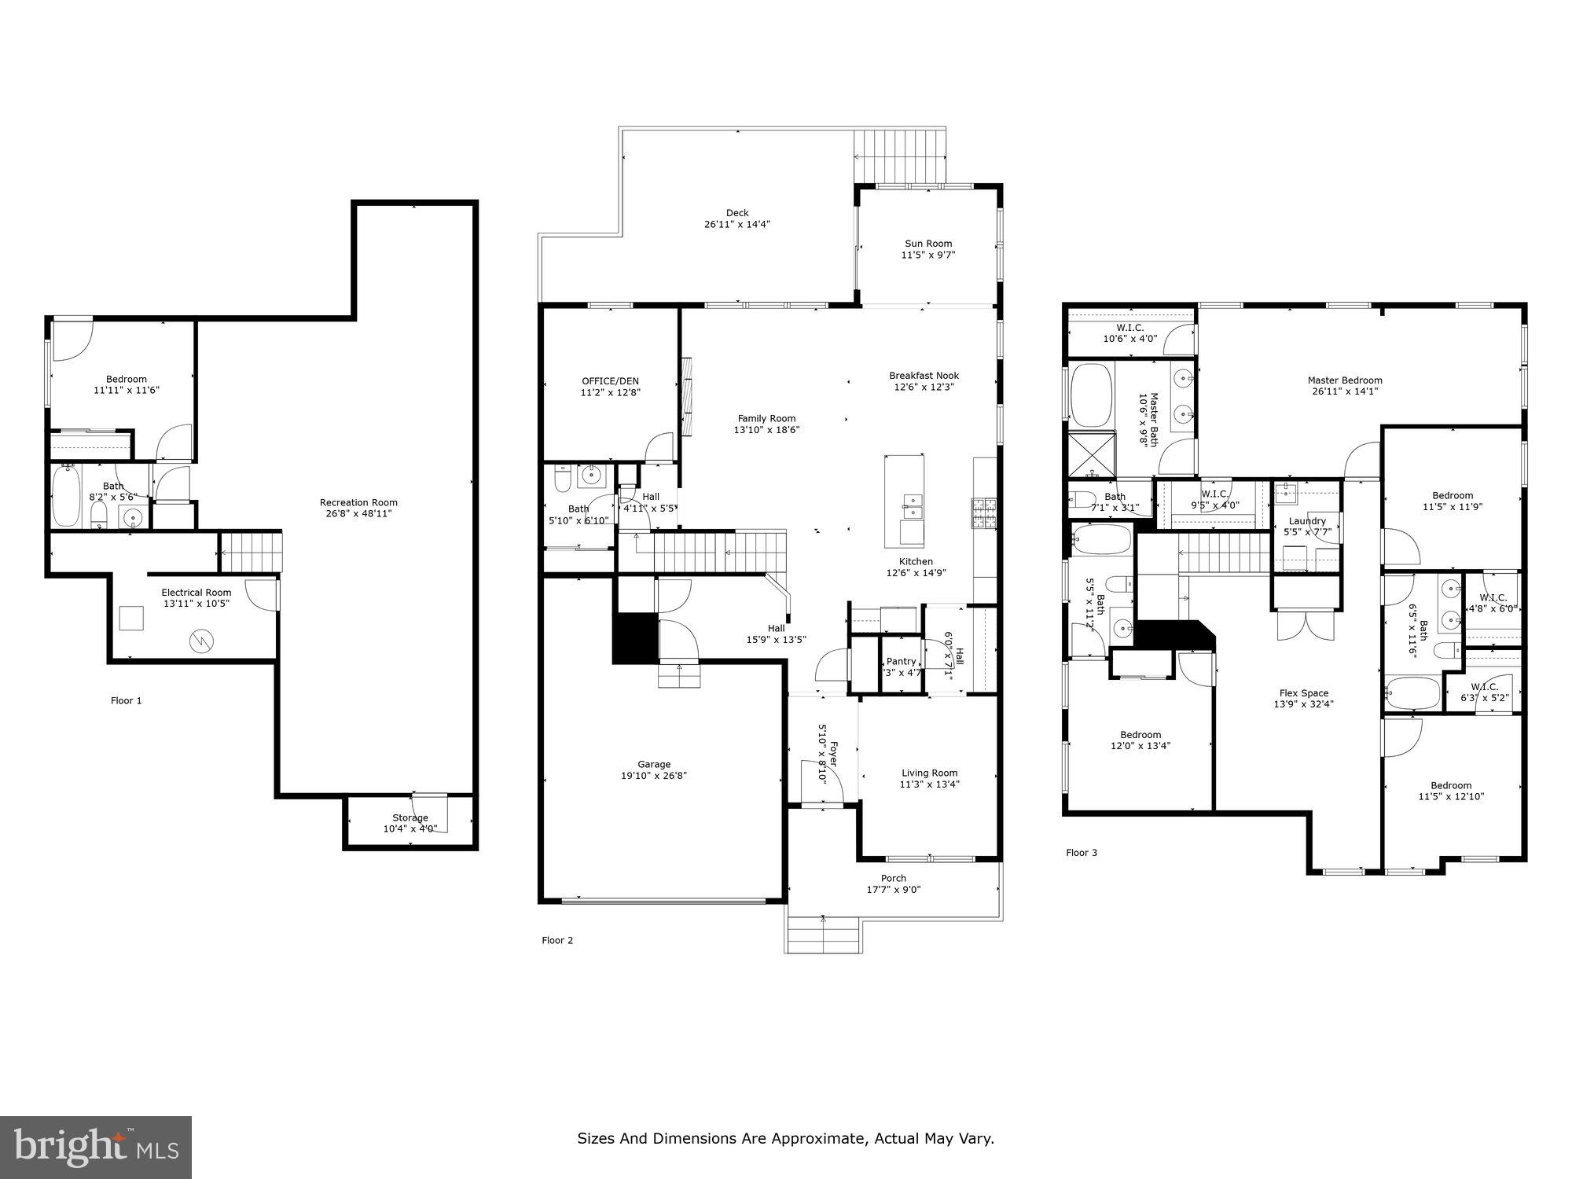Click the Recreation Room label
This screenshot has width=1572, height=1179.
(x=358, y=502)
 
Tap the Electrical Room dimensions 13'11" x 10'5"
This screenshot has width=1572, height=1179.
(x=196, y=604)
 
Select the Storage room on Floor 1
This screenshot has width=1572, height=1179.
(x=410, y=822)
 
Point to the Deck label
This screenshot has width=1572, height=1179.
(x=736, y=213)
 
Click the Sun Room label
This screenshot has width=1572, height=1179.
(x=927, y=244)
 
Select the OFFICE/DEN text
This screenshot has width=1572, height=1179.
(x=610, y=381)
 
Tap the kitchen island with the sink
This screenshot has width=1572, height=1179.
(x=904, y=501)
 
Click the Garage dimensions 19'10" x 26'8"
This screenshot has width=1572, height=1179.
(x=654, y=775)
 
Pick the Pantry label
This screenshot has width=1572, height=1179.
(x=901, y=661)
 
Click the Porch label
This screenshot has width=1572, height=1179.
(x=893, y=878)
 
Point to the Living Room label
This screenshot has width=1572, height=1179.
(x=929, y=773)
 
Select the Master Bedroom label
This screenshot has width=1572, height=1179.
(x=1344, y=380)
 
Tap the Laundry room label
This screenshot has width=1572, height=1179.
(x=1307, y=521)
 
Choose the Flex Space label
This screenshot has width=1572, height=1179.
(x=1303, y=693)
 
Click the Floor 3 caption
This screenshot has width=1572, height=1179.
(x=1081, y=852)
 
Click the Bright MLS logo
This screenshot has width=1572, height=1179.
(x=95, y=1148)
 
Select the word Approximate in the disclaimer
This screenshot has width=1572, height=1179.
(x=819, y=1138)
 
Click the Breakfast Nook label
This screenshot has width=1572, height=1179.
(x=924, y=376)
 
